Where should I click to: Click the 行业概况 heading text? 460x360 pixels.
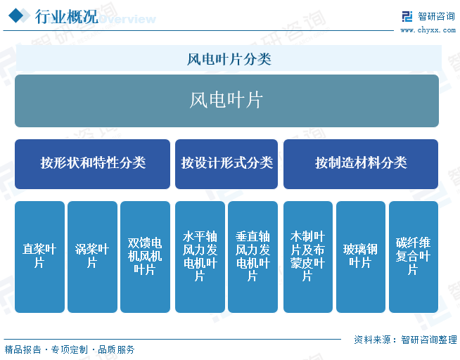coord(67,17)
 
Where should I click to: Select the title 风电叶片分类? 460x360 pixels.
coord(229,59)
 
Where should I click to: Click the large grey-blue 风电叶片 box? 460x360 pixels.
coord(226,101)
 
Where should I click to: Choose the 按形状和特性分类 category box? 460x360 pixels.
coord(92,163)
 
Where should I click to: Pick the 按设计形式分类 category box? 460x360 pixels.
coord(226,163)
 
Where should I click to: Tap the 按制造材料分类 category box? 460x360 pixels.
coord(361,163)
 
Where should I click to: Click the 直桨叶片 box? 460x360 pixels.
coord(39,257)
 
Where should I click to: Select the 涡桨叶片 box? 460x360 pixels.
coord(92,257)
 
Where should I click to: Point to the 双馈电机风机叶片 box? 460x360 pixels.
coord(145,257)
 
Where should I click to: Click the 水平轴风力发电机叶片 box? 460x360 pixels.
coord(200,257)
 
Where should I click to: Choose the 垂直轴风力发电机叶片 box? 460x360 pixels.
coord(253,257)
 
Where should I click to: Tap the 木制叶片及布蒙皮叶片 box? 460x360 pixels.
coord(307,257)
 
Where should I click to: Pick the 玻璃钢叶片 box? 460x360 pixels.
coord(360,257)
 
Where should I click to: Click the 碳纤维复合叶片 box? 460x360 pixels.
coord(413,257)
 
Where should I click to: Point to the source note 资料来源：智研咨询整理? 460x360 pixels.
coord(405,339)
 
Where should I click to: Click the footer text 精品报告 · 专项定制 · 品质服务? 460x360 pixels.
coord(70,349)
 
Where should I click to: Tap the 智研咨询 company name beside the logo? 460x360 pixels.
coord(437,16)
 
